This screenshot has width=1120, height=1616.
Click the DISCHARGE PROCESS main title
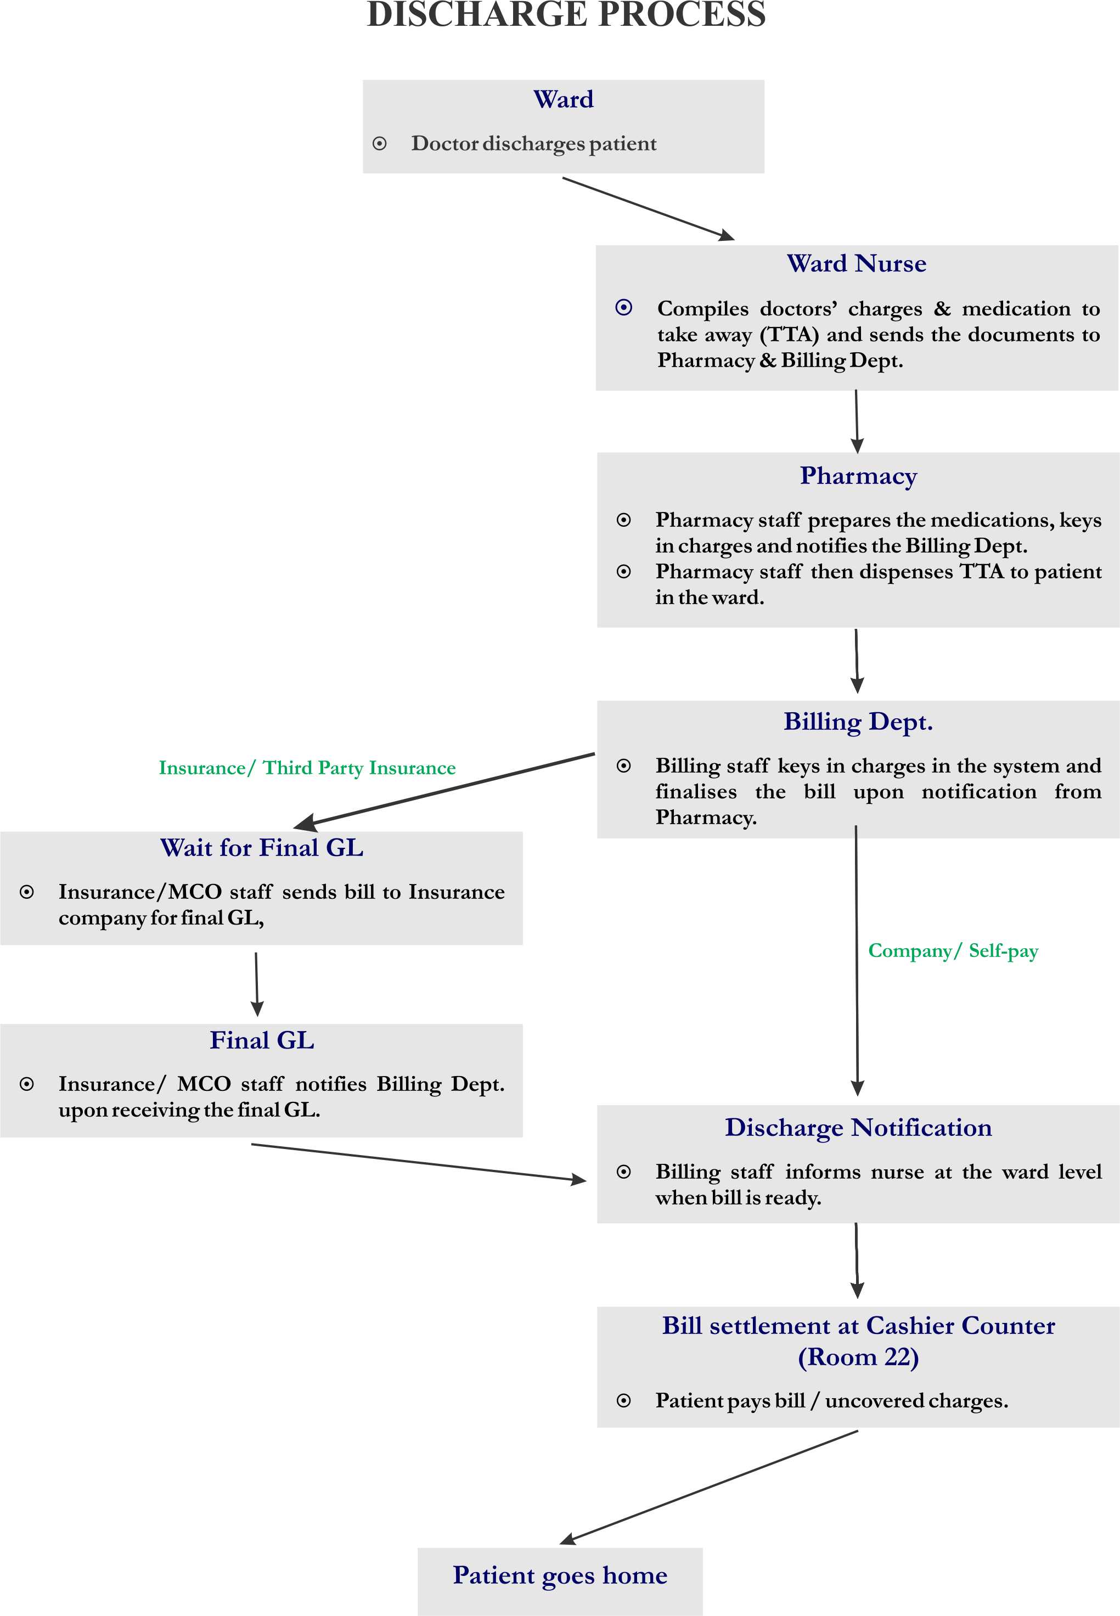pyautogui.click(x=566, y=14)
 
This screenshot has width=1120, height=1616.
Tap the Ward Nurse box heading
pyautogui.click(x=856, y=264)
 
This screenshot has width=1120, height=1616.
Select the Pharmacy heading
pyautogui.click(x=858, y=476)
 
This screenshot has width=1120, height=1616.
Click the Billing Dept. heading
pyautogui.click(x=858, y=722)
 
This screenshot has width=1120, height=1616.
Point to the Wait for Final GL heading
pyautogui.click(x=262, y=848)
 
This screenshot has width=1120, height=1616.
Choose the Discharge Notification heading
pyautogui.click(x=858, y=1128)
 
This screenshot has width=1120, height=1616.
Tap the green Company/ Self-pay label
pyautogui.click(x=953, y=951)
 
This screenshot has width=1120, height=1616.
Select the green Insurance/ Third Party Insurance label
pyautogui.click(x=307, y=768)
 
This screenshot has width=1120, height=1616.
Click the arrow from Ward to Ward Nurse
pyautogui.click(x=649, y=209)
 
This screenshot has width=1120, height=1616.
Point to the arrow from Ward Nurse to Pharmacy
pyautogui.click(x=856, y=421)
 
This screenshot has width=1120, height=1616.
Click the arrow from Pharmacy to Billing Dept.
pyautogui.click(x=856, y=661)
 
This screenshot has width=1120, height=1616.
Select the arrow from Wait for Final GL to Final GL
pyautogui.click(x=256, y=984)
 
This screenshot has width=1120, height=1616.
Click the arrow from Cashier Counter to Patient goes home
pyautogui.click(x=709, y=1488)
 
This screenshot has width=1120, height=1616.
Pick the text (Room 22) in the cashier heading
pyautogui.click(x=858, y=1357)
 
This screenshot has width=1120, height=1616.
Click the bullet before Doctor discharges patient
pyautogui.click(x=380, y=144)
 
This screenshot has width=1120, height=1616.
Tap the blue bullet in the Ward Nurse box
pyautogui.click(x=624, y=307)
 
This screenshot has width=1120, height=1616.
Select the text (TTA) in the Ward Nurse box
pyautogui.click(x=790, y=335)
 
